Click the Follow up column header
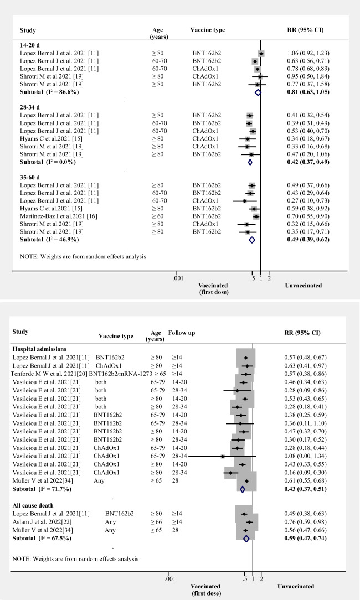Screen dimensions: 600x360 click(x=182, y=333)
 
